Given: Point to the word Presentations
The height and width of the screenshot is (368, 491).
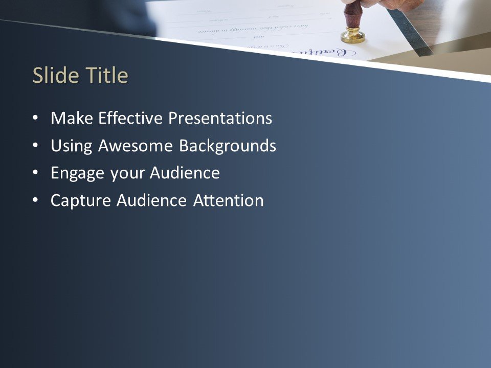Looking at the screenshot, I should coord(220,119).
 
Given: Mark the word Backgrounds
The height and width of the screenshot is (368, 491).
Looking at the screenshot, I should coord(228,146).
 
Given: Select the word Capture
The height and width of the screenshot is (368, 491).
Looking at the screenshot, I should coord(81,201).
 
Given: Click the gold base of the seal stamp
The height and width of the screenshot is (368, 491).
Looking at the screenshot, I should coord(353,37).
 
